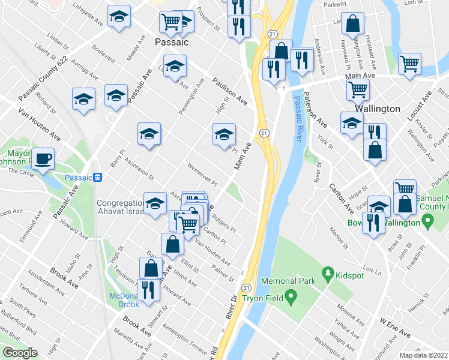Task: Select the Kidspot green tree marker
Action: click(x=328, y=275)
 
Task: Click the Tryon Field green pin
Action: click(x=291, y=296)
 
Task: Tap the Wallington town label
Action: click(x=377, y=109)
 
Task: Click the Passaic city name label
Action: click(x=172, y=43)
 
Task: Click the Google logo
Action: click(x=19, y=353)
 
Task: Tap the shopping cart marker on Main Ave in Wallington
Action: click(x=358, y=90)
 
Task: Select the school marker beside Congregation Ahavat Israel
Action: click(x=155, y=203)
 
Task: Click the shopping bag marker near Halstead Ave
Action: click(x=354, y=25)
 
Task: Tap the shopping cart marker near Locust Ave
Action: click(x=409, y=64)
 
